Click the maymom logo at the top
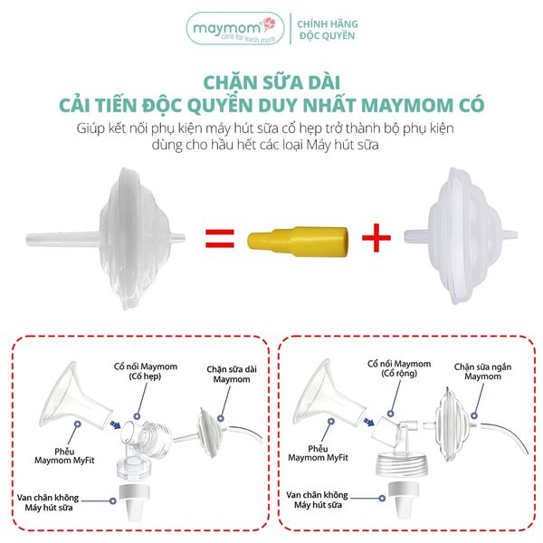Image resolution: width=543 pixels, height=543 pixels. click(235, 29)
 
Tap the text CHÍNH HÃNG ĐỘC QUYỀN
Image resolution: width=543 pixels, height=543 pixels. click(328, 30)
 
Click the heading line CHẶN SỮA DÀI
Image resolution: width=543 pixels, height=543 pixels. click(271, 82)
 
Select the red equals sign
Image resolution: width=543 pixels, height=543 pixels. click(220, 238)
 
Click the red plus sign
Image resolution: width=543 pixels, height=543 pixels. click(376, 237)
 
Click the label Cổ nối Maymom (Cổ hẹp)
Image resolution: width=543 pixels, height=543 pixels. click(146, 371)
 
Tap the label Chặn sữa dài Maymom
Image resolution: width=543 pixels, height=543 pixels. click(232, 374)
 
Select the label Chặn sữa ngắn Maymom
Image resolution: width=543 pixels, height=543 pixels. click(482, 371)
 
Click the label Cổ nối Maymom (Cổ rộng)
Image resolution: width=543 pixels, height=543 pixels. click(399, 368)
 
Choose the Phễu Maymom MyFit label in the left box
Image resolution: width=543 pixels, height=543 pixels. click(64, 456)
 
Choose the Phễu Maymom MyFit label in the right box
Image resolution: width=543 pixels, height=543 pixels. click(318, 453)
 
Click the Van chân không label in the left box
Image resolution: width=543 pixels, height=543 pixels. click(48, 502)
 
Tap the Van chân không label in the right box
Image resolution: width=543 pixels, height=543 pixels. click(318, 500)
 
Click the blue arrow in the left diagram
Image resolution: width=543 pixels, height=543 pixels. click(115, 424)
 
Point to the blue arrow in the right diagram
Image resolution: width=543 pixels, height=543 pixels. click(368, 422)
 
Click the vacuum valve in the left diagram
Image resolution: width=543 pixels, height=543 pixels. click(134, 502)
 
